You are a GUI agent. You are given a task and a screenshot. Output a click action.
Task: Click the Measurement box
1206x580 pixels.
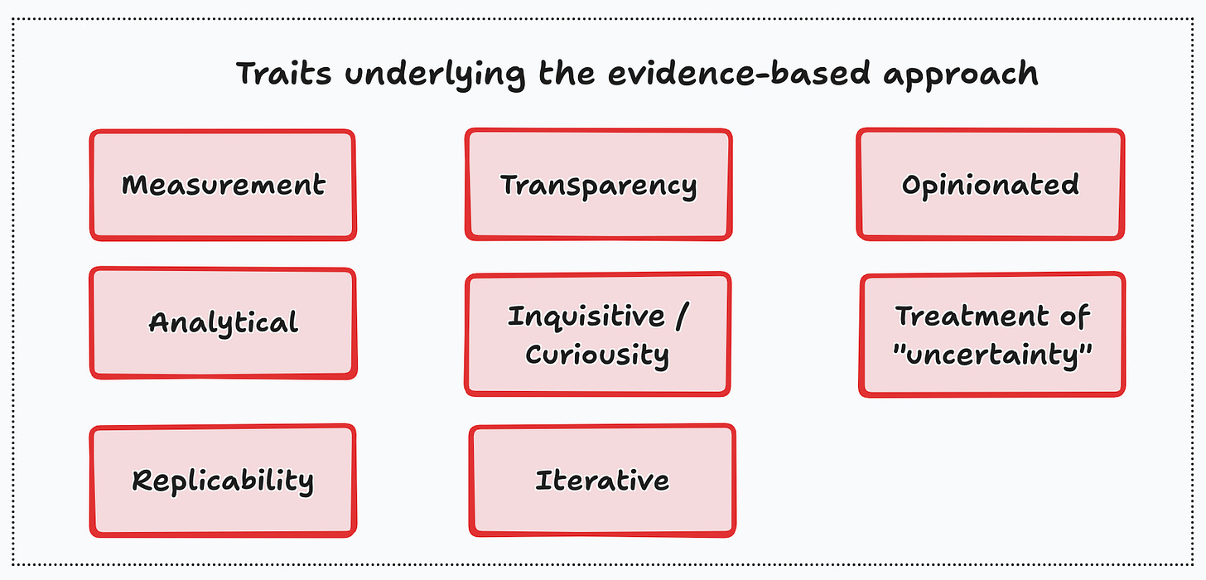(x=222, y=185)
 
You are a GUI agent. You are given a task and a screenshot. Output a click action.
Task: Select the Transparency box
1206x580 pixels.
(x=598, y=185)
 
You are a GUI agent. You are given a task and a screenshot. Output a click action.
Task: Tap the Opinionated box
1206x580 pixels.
(x=991, y=184)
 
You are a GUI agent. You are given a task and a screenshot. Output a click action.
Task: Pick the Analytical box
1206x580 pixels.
(x=223, y=322)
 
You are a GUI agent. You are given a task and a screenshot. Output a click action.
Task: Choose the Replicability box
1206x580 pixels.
(x=222, y=481)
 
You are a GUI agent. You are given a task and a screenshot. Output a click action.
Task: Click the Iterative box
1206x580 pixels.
(x=602, y=481)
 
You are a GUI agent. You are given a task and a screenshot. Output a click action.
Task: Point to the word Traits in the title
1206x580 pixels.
(x=284, y=74)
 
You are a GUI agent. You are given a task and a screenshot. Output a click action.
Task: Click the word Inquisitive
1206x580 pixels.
(x=586, y=317)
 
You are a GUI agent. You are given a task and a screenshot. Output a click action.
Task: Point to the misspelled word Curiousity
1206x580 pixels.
(x=597, y=355)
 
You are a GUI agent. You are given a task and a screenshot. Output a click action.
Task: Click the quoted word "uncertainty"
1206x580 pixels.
(x=992, y=355)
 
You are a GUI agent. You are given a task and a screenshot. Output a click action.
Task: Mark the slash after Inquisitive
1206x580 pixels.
(x=681, y=317)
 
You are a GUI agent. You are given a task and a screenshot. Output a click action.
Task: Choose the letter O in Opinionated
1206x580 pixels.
(x=912, y=185)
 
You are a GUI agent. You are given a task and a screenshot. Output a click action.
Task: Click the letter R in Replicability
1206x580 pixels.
(x=143, y=481)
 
